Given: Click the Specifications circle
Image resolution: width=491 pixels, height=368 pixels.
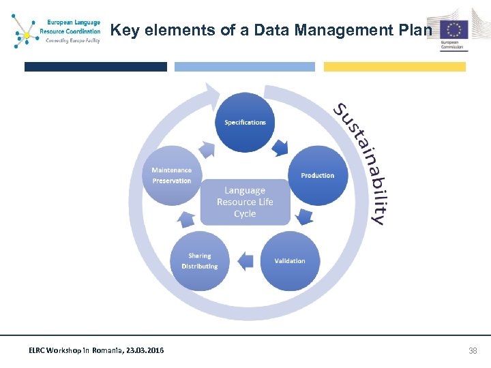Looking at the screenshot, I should [245, 123].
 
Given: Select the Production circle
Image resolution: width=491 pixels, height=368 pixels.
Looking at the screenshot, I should [317, 175].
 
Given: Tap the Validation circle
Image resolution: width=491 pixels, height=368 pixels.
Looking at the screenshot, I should [290, 261].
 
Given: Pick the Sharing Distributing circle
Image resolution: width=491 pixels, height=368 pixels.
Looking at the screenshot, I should [200, 261].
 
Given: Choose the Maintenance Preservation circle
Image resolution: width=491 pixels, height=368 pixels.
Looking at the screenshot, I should [172, 175].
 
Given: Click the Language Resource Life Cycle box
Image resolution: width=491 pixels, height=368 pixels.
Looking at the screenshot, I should [245, 202].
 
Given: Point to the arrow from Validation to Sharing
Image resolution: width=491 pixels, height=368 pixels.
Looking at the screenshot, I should [245, 260].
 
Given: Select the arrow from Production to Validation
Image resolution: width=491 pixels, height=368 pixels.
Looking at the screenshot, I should [304, 217].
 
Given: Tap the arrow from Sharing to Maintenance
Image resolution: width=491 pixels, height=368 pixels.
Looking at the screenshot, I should [185, 218].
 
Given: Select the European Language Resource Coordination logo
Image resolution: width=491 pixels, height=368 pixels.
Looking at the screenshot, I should [56, 31].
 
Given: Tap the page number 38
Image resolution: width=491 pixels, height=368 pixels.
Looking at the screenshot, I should [473, 350].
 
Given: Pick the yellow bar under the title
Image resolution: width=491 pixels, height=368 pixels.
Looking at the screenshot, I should [394, 67].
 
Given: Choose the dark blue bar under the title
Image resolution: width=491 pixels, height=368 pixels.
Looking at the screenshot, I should [95, 67].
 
